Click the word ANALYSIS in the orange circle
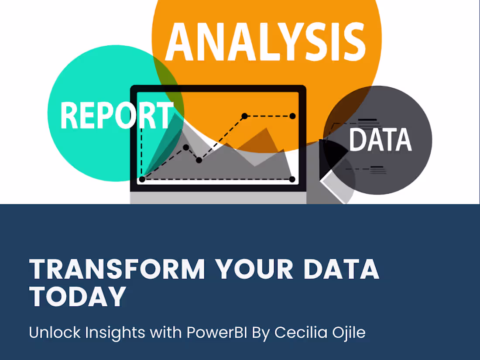(265, 42)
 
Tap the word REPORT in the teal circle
(117, 115)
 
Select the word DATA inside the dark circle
(381, 140)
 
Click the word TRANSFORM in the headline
(117, 269)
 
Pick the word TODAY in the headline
(77, 296)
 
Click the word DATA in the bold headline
(342, 269)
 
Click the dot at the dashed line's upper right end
(292, 116)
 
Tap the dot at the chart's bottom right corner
(292, 179)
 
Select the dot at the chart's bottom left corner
(142, 179)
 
